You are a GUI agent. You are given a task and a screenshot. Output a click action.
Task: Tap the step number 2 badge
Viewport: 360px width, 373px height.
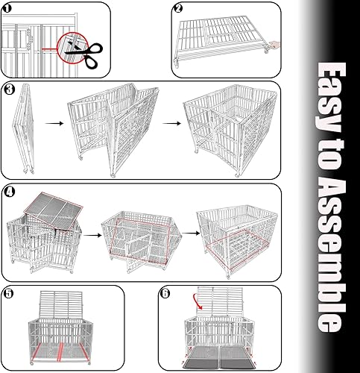[178, 9]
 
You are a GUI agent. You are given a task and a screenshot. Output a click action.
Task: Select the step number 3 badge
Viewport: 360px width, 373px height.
[9, 90]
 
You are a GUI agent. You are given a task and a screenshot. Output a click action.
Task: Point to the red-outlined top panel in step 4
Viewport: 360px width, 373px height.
[51, 207]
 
